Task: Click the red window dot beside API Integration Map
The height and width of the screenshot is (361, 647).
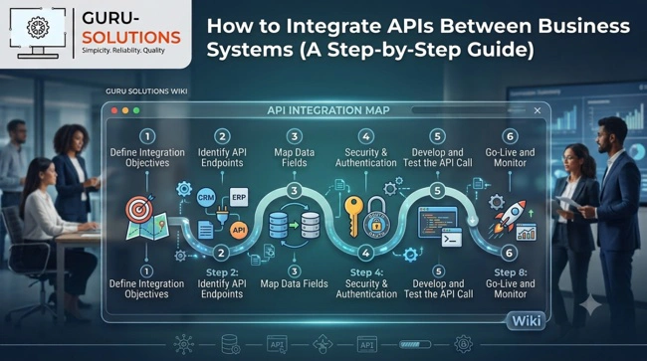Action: (x=114, y=110)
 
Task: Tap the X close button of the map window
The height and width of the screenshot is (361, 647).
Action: (x=538, y=110)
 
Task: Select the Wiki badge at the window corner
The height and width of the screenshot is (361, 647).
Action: (x=527, y=320)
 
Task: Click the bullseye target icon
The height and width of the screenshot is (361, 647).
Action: (x=140, y=209)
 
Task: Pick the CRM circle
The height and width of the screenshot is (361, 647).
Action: (x=206, y=197)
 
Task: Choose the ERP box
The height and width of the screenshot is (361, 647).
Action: (x=239, y=197)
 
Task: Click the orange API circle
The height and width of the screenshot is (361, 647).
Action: (x=239, y=230)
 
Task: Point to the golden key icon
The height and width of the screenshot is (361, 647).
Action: (x=353, y=216)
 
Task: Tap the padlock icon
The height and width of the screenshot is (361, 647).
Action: (x=376, y=220)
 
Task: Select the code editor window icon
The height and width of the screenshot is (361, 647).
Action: (x=437, y=223)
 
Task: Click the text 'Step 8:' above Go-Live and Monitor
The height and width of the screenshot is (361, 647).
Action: (x=511, y=272)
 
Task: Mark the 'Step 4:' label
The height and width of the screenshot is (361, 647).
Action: (x=366, y=272)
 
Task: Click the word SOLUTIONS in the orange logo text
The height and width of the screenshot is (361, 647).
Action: (x=131, y=38)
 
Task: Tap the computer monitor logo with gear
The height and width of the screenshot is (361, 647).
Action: (x=38, y=33)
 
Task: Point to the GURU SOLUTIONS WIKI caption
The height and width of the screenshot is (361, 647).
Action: (x=146, y=91)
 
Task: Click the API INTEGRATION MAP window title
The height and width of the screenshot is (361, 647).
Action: (x=328, y=110)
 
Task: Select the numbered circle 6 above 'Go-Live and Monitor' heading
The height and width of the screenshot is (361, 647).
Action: (x=510, y=136)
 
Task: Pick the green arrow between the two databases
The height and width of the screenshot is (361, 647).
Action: (x=294, y=225)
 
